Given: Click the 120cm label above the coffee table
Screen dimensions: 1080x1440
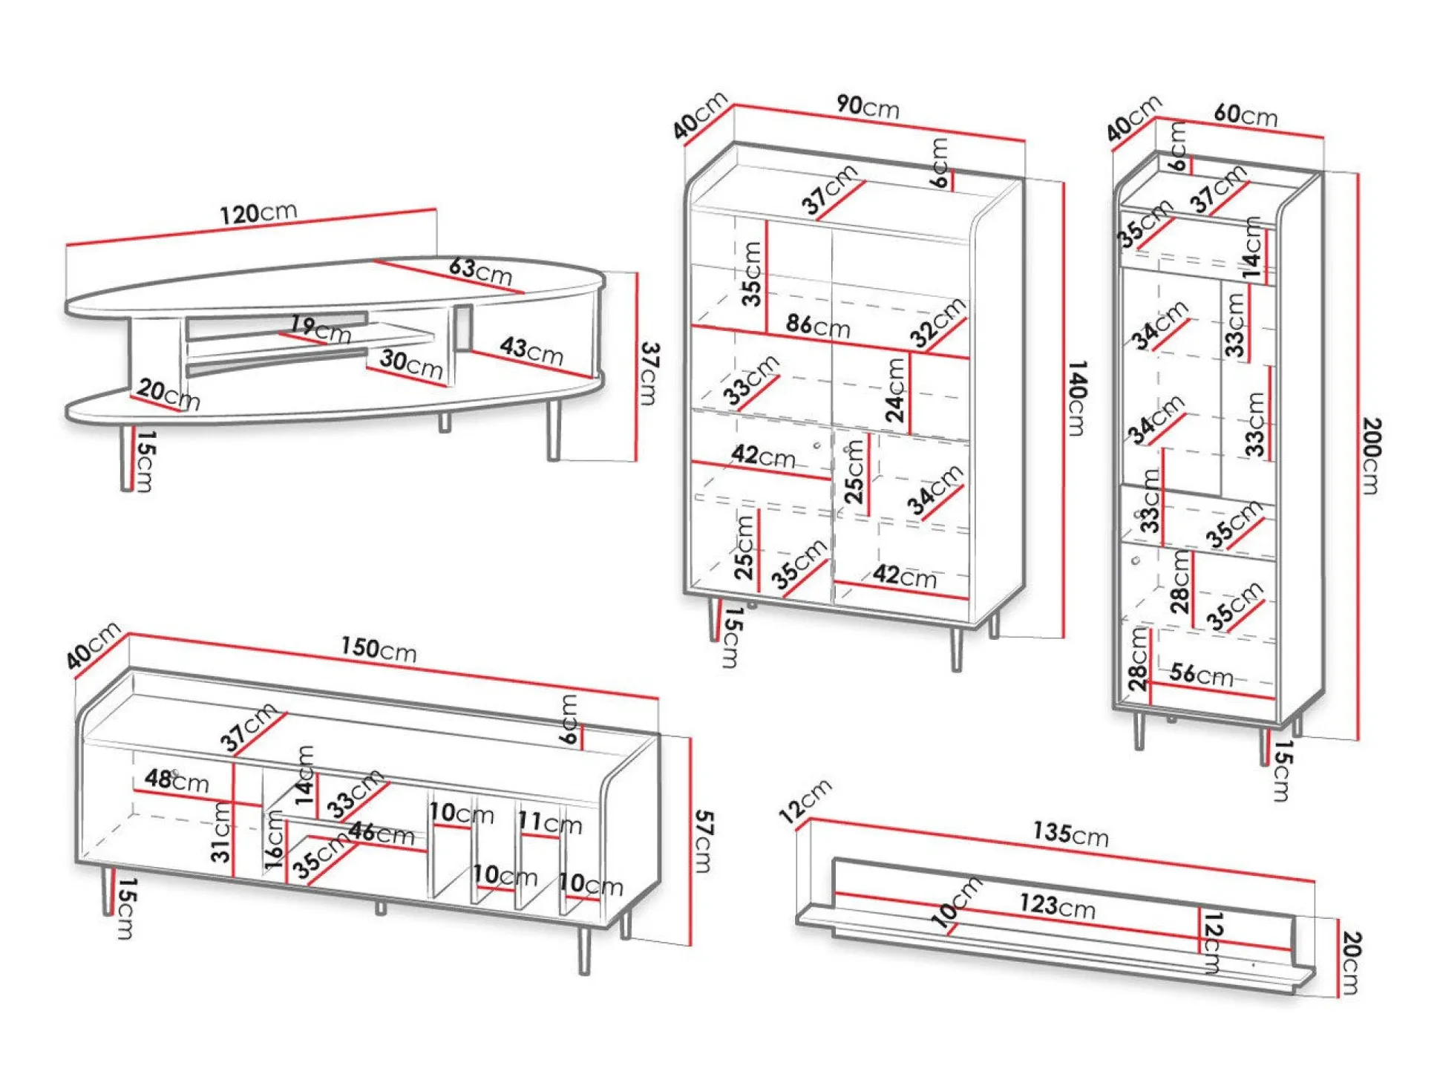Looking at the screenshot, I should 258,214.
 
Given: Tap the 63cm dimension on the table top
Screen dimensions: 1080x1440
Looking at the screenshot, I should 480,271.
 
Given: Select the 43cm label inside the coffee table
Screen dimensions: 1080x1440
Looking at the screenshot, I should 531,350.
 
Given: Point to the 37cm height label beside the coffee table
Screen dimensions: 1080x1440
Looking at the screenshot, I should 649,373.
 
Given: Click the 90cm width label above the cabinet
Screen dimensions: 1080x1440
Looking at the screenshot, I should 868,107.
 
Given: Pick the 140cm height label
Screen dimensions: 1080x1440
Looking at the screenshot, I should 1076,398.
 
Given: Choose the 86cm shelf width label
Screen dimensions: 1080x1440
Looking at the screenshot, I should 818,325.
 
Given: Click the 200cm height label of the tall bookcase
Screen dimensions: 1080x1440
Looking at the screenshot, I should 1372,456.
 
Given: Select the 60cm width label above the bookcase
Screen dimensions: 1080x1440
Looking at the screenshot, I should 1246,115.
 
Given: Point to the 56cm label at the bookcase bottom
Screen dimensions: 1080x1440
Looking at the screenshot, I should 1201,675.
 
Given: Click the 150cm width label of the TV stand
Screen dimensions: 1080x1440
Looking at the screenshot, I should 379,649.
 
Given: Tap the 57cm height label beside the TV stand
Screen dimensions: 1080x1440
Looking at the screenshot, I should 703,841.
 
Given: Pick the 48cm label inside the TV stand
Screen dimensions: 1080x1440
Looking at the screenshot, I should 177,779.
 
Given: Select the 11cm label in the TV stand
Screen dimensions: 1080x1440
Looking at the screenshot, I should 550,822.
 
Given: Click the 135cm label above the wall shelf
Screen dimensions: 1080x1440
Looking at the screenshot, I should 1070,834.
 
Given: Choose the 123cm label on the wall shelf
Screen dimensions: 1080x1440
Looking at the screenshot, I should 1057,905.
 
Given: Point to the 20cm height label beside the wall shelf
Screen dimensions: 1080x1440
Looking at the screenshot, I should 1351,963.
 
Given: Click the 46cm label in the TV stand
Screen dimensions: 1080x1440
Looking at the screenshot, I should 382,833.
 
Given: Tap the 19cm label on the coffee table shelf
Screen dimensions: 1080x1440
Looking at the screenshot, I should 321,328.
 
